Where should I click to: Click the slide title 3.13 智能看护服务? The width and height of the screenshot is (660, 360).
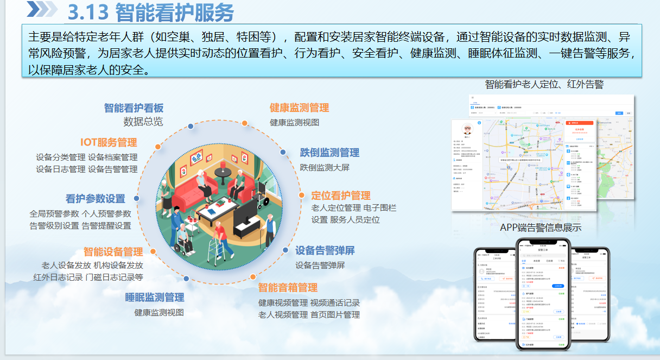coord(151,12)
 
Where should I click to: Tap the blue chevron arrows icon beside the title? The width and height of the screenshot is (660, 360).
coord(42,9)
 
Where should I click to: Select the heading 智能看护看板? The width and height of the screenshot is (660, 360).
coord(134,108)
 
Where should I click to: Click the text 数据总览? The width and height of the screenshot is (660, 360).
coord(143,122)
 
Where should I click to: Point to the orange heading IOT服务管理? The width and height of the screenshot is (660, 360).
coord(109,142)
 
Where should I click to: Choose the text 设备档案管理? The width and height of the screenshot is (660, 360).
coord(113,157)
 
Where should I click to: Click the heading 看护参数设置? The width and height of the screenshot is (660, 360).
coord(96,199)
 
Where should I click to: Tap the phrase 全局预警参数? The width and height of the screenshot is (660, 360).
coord(54,213)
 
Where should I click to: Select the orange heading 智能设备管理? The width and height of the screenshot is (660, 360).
coord(113,252)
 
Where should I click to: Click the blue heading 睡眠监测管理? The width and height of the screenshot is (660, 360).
coord(155,297)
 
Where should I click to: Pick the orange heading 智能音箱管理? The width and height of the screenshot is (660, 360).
coord(288,287)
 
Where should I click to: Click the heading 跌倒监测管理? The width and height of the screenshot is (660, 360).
coord(329,153)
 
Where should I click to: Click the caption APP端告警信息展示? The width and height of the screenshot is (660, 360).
coord(541,228)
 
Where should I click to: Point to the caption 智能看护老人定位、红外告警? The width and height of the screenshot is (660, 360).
coord(544,84)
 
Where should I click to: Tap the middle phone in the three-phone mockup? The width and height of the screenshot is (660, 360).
coord(542,296)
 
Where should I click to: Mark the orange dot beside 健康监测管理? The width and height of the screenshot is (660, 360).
coord(245,123)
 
